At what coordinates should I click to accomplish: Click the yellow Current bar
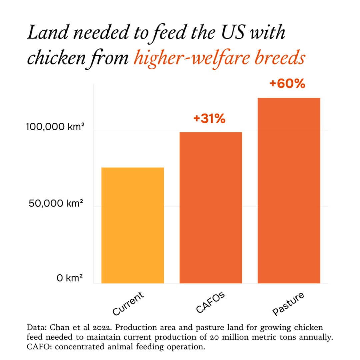tap(133, 225)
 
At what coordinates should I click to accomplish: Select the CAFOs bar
tap(211, 208)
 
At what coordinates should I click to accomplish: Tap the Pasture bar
tap(289, 190)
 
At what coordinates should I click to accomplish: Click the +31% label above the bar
tap(209, 118)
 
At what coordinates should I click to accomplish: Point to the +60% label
tap(287, 84)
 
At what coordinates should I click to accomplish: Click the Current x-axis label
tap(128, 303)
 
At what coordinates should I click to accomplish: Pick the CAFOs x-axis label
tap(210, 302)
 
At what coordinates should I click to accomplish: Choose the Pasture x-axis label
tap(288, 304)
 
